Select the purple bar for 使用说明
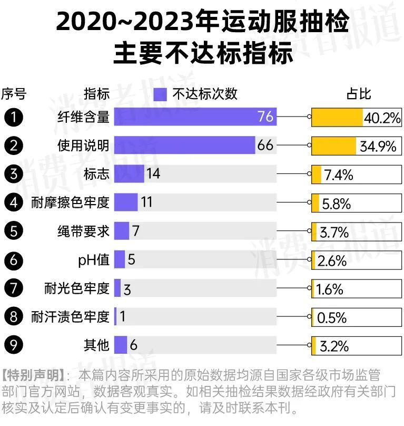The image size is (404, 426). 184,145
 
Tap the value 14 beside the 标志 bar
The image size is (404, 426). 153,173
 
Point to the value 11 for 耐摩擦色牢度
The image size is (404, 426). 146,202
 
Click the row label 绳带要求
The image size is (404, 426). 83,230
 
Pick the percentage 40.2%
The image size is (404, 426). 382,118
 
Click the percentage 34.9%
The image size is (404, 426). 378,146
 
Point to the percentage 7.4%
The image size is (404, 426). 338,175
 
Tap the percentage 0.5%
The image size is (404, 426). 332,317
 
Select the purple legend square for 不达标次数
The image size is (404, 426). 161,94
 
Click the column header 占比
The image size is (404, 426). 359,94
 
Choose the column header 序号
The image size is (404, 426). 13,94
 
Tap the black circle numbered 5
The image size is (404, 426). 13,230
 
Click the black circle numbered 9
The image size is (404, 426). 13,345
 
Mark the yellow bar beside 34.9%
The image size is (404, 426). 334,146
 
